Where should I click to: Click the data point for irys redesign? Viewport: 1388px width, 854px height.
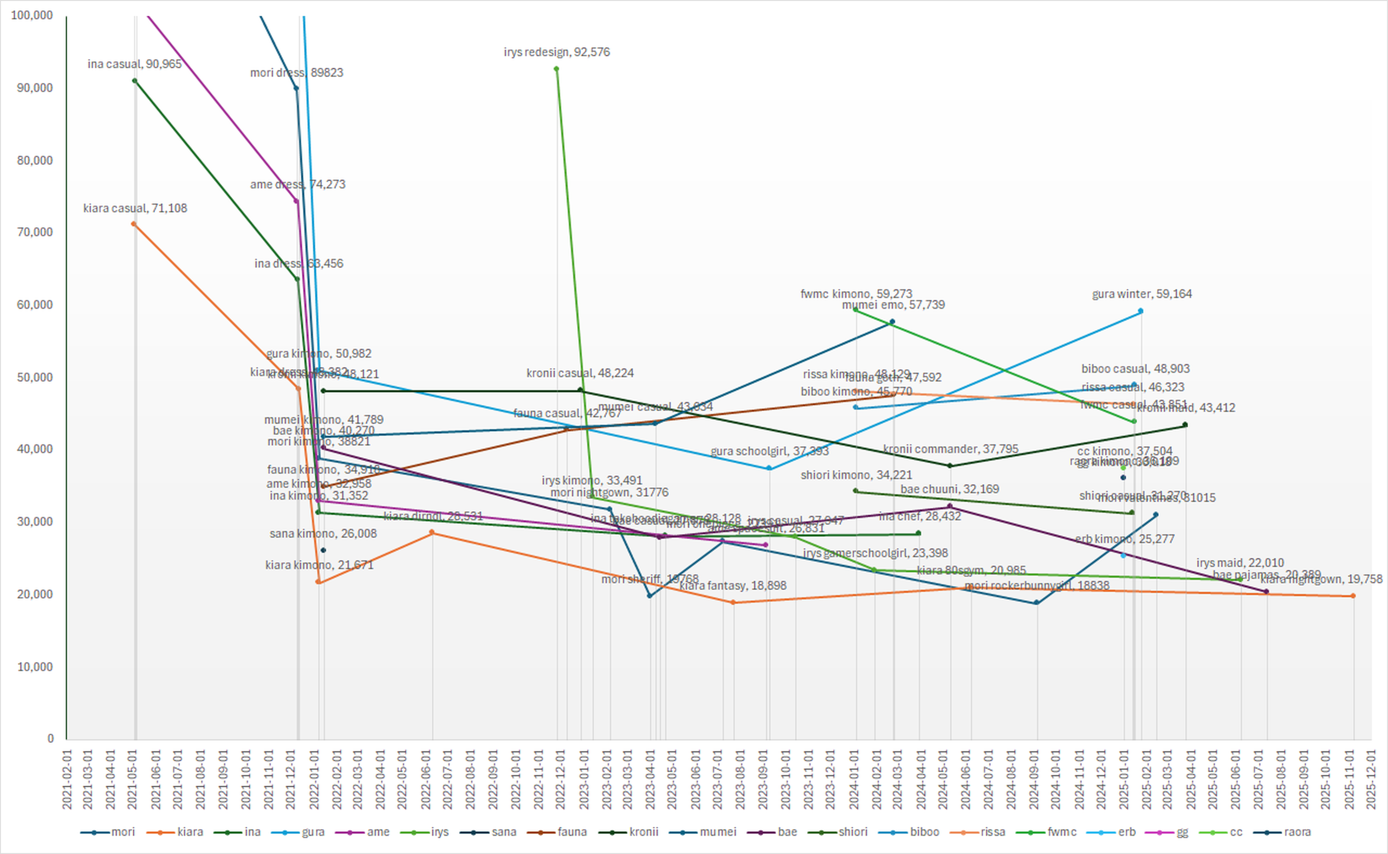(x=556, y=69)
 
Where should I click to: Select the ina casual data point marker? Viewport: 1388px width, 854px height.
(x=134, y=81)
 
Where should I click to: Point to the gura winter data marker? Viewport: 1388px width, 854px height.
(x=1140, y=311)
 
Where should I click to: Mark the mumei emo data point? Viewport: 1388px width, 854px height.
(x=892, y=322)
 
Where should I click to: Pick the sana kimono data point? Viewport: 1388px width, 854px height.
(x=323, y=550)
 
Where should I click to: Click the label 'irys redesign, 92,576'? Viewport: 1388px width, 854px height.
(x=556, y=52)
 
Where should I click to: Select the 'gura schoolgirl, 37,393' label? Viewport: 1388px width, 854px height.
(x=769, y=451)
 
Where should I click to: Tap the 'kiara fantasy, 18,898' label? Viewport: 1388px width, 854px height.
(x=732, y=586)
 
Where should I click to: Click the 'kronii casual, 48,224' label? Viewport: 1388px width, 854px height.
(x=580, y=373)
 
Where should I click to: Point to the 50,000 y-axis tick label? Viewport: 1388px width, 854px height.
(x=35, y=377)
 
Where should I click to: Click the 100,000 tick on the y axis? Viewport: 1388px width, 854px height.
(x=31, y=15)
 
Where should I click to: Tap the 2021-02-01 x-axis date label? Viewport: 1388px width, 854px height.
(x=67, y=779)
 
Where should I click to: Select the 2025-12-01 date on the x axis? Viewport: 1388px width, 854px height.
(x=1371, y=779)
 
